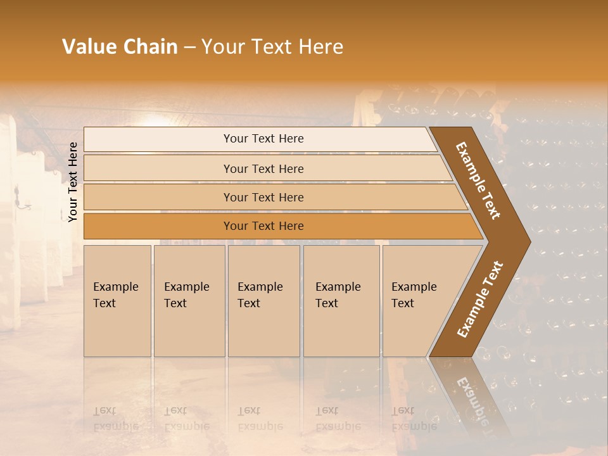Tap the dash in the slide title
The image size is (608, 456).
[x=189, y=47]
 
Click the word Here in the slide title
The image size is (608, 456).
[x=320, y=47]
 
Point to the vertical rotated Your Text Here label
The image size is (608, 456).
[x=73, y=182]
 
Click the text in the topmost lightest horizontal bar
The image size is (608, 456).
[x=263, y=139]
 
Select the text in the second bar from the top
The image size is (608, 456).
[x=263, y=169]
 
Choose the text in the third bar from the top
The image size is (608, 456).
[x=263, y=198]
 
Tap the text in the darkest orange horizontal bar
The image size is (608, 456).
[x=263, y=226]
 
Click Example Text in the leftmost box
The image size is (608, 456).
[x=115, y=295]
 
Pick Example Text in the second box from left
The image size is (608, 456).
[x=186, y=295]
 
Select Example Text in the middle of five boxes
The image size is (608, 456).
[x=260, y=295]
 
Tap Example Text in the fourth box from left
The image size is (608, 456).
[x=338, y=295]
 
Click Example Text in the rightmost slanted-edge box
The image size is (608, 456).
[x=414, y=295]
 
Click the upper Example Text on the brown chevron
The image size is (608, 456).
[x=478, y=180]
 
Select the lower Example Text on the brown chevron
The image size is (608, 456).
[x=480, y=300]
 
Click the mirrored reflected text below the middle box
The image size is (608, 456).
[x=260, y=419]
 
